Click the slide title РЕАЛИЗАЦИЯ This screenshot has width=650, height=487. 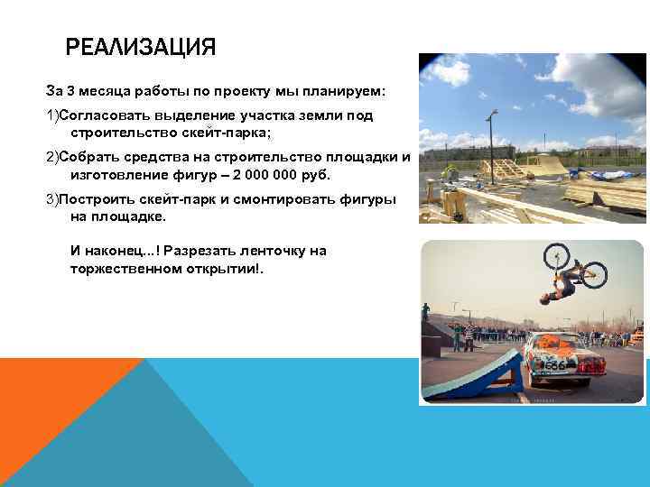click(x=141, y=47)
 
